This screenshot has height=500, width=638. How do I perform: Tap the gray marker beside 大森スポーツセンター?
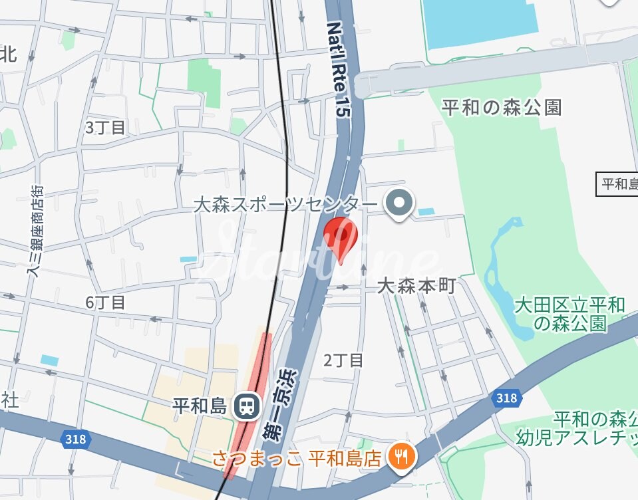pyautogui.click(x=400, y=202)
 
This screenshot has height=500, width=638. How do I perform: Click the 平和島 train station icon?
pyautogui.click(x=247, y=405)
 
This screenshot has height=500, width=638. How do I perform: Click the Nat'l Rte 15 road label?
pyautogui.click(x=337, y=69)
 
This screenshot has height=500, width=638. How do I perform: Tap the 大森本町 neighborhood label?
pyautogui.click(x=416, y=287)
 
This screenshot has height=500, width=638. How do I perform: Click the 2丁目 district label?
pyautogui.click(x=343, y=360)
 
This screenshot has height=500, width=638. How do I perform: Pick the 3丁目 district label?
pyautogui.click(x=105, y=128)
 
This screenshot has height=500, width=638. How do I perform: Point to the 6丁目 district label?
pyautogui.click(x=105, y=303)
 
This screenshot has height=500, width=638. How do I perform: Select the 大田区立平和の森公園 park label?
pyautogui.click(x=570, y=314)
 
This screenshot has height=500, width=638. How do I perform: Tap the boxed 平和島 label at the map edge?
pyautogui.click(x=617, y=184)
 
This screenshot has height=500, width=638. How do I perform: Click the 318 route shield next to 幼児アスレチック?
pyautogui.click(x=506, y=398)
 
